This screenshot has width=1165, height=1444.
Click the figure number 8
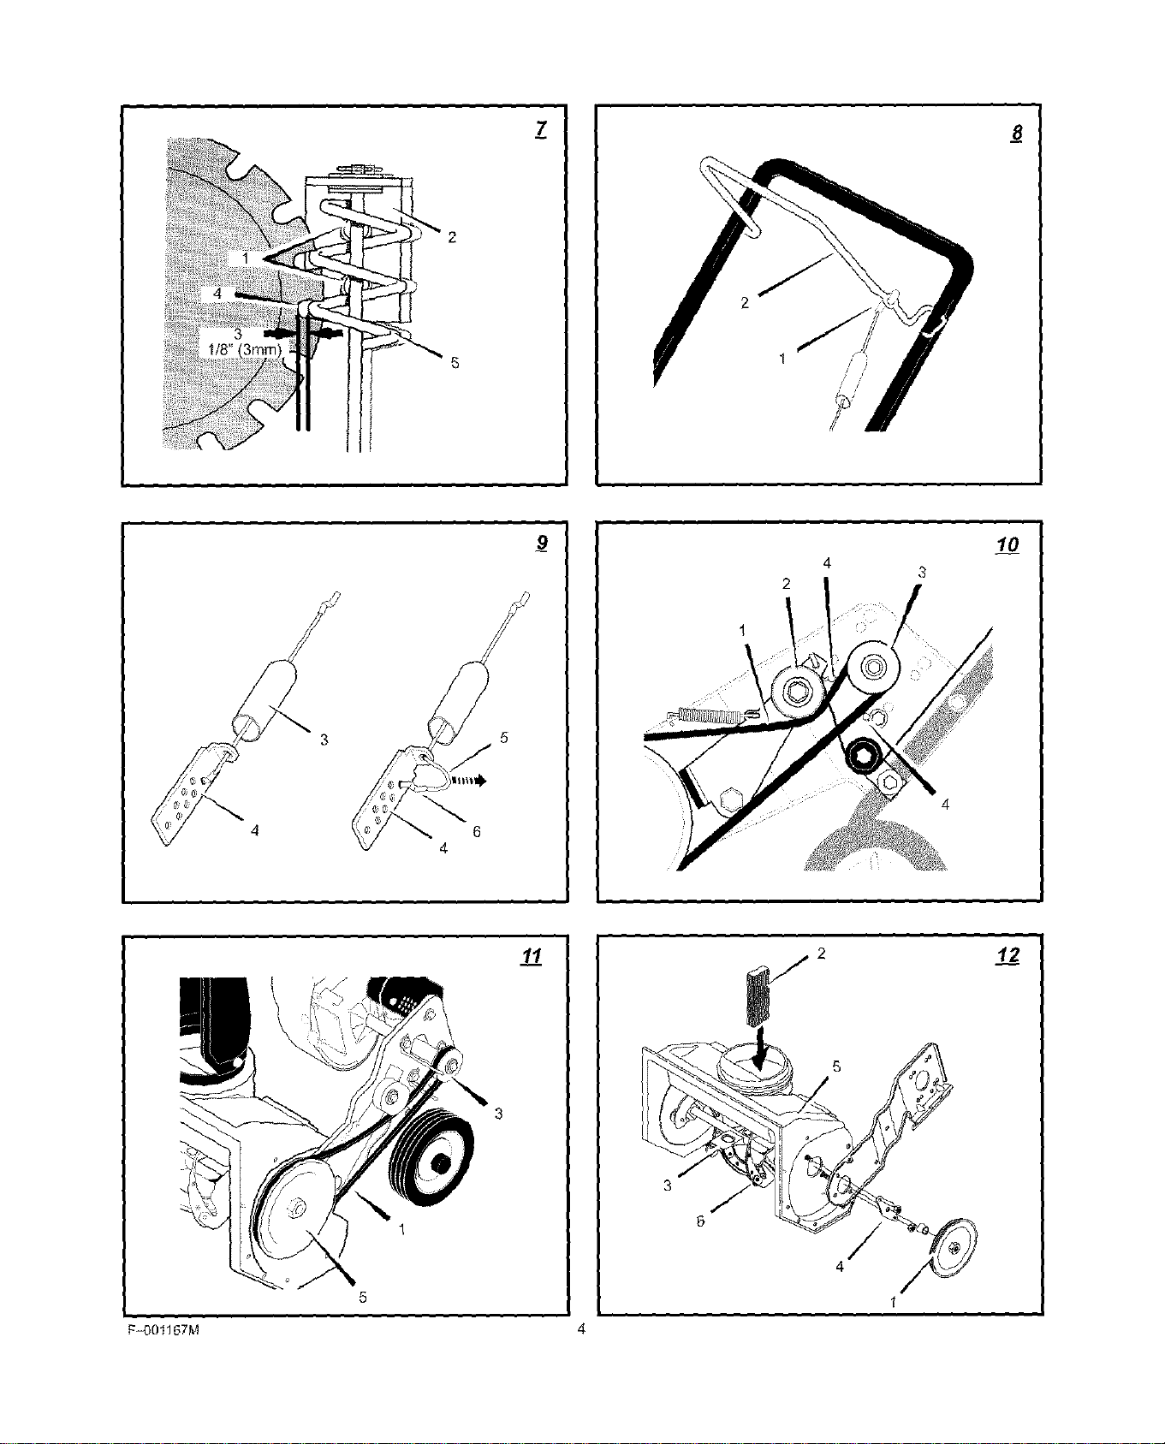click(1016, 134)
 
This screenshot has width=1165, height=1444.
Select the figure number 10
click(1008, 544)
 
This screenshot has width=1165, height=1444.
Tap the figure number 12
click(1008, 956)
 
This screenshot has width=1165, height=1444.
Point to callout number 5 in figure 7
click(455, 363)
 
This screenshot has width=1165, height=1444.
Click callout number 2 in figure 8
click(745, 303)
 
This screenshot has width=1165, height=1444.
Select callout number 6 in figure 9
click(477, 831)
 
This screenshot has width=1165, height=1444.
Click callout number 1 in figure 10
click(743, 630)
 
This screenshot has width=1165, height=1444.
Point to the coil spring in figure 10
click(704, 714)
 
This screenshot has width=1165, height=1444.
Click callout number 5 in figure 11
click(363, 1297)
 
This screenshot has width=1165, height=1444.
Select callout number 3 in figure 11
click(498, 1114)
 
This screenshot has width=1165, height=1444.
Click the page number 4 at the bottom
click(581, 1329)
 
